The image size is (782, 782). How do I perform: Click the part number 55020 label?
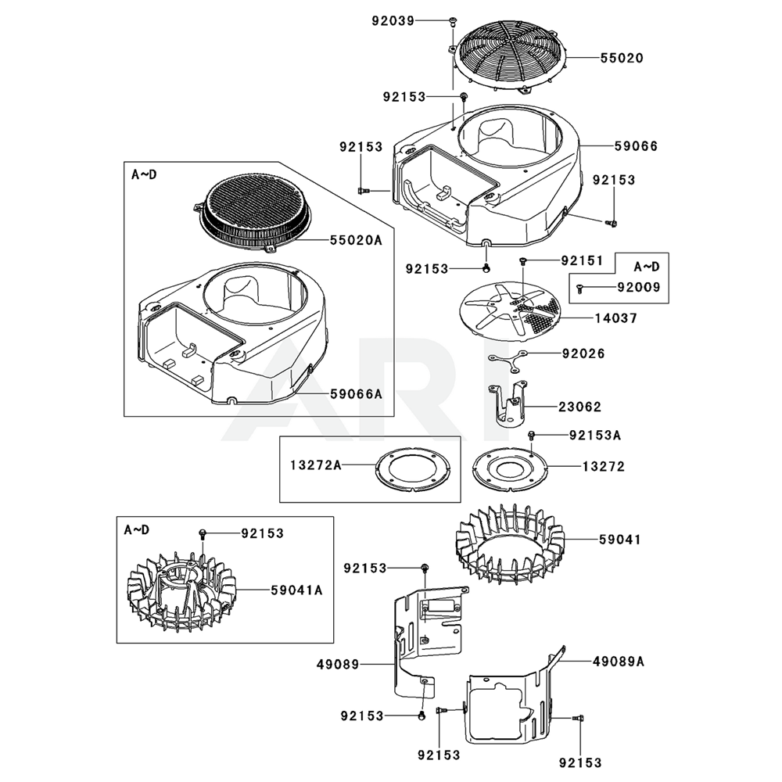tap(622, 58)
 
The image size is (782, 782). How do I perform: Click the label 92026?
tap(583, 353)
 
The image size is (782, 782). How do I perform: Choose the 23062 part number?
tap(579, 407)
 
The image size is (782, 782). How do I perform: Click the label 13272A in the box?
tap(317, 466)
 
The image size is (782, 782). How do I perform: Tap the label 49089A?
tap(619, 661)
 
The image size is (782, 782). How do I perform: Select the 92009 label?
tap(639, 288)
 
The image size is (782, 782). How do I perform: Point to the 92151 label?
tap(583, 260)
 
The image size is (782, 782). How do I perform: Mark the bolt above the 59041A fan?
tap(203, 533)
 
